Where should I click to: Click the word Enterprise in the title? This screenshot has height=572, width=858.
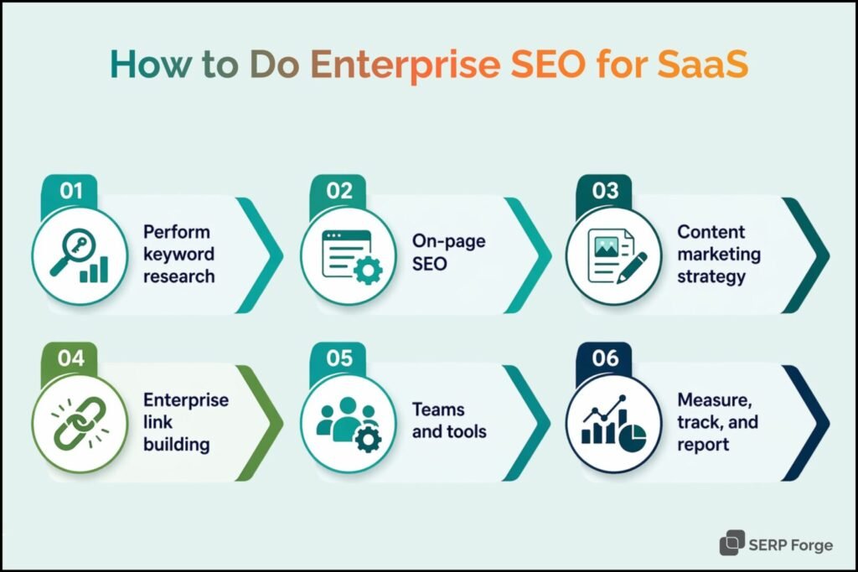(x=406, y=64)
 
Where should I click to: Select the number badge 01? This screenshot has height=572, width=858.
(x=71, y=191)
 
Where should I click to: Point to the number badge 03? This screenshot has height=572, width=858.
(x=605, y=191)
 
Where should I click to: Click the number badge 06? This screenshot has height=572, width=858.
(x=605, y=358)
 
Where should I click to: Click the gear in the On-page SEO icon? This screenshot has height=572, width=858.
(x=368, y=271)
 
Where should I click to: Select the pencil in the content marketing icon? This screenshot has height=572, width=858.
(x=632, y=267)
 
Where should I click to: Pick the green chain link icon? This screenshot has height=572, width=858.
(x=80, y=423)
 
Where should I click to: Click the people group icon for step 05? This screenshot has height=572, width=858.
(x=347, y=420)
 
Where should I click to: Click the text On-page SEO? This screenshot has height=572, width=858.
(x=449, y=252)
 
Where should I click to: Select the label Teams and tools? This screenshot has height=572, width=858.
(x=449, y=420)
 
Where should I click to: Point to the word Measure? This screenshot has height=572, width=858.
(x=715, y=400)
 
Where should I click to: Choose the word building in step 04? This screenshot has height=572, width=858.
(x=176, y=445)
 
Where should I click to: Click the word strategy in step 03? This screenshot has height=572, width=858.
(x=711, y=276)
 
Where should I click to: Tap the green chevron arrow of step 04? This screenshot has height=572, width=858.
(x=260, y=423)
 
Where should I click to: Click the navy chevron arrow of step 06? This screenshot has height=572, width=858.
(x=806, y=423)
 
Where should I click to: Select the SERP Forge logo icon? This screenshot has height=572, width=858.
(x=732, y=543)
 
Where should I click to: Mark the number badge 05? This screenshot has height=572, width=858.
(x=339, y=358)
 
